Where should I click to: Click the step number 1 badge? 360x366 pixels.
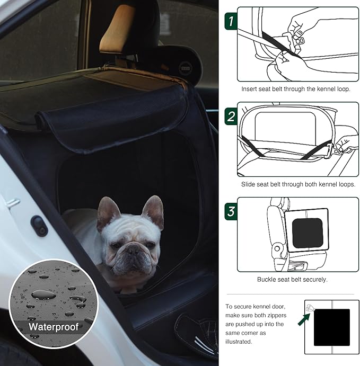[x=230, y=21]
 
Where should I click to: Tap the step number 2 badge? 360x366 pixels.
[x=230, y=116]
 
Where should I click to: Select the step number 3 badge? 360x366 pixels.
[x=230, y=211]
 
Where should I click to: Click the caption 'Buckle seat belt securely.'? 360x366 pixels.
[x=292, y=279]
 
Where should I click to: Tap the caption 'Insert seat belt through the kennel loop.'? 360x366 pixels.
[x=296, y=89]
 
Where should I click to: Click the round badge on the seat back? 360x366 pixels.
[x=186, y=68]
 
